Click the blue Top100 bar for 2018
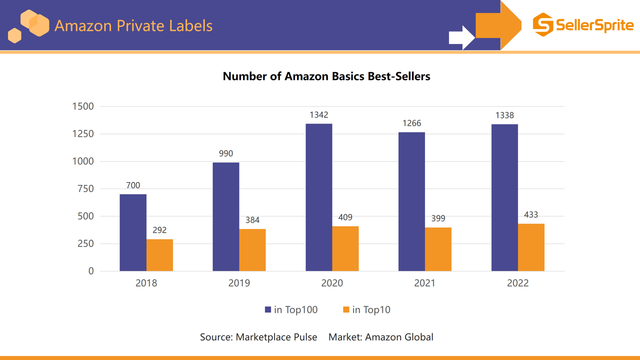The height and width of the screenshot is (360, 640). [x=133, y=232]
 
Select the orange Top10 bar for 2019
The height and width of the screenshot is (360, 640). [x=252, y=250]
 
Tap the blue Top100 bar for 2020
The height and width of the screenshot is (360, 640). [x=318, y=197]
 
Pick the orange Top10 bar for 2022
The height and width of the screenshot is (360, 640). [x=531, y=247]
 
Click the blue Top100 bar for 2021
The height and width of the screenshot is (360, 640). [x=411, y=201]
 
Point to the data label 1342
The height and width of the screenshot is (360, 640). [x=318, y=115]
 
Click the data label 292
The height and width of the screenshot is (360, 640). [x=159, y=230]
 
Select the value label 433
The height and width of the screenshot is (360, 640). [x=531, y=214]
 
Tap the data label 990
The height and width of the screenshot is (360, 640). [x=226, y=153]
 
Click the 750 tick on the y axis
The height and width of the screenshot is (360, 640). [x=85, y=189]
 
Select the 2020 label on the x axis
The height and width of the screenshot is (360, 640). [x=332, y=283]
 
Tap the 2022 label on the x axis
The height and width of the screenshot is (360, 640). [x=517, y=283]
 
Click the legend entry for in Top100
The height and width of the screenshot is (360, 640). [x=291, y=310]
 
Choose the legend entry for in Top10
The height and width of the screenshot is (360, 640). [x=366, y=310]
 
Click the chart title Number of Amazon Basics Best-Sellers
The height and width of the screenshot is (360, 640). [x=326, y=76]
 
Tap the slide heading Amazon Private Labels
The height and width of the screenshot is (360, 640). [x=133, y=25]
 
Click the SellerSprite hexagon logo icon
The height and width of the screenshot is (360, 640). [x=543, y=24]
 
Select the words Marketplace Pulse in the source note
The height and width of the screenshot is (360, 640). [x=276, y=337]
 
